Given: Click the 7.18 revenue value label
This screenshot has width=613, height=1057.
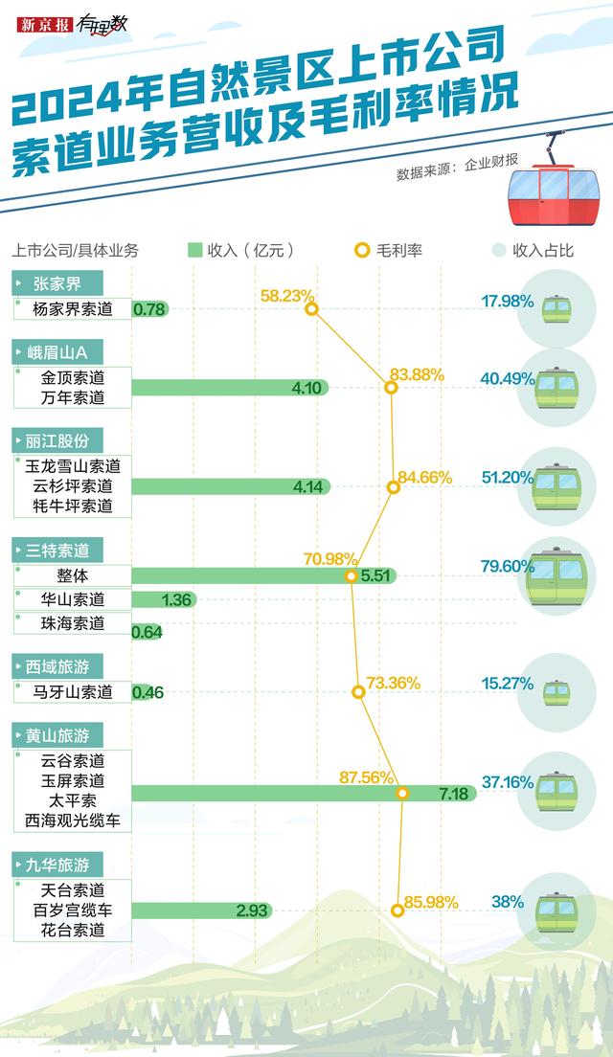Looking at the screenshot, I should [x=452, y=794].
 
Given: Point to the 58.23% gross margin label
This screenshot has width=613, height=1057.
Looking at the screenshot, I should [x=286, y=295].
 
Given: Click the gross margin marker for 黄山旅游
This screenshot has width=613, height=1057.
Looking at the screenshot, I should [x=403, y=794].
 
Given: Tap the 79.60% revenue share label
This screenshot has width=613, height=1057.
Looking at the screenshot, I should [x=507, y=566].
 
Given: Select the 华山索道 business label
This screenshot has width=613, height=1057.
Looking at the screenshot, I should [x=73, y=600].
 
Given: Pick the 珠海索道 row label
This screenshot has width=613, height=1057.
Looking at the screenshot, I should [x=73, y=623].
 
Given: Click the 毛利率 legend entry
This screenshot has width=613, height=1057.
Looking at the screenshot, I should [x=389, y=251].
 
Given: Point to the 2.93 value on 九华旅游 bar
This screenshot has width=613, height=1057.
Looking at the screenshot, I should [x=251, y=910].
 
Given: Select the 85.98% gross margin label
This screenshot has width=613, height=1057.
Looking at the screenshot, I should [x=431, y=902].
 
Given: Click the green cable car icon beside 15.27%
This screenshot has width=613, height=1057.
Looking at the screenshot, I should [x=556, y=692].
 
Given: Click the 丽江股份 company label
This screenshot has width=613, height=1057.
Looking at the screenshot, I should [x=57, y=440].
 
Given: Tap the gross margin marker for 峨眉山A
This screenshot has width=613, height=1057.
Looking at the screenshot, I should [x=390, y=388].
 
